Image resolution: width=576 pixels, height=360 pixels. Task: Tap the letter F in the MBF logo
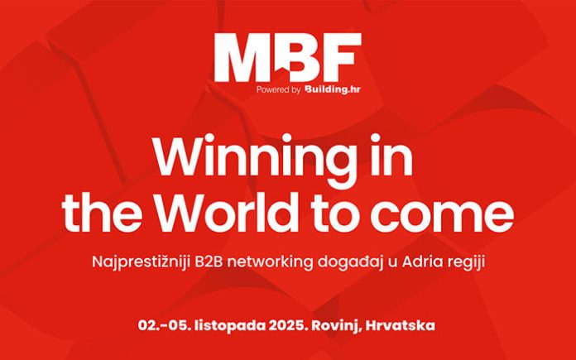(342, 57)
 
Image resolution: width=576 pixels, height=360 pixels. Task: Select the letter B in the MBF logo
(300, 57)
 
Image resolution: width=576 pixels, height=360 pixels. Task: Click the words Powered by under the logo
(278, 89)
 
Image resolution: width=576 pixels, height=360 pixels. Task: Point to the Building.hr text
(333, 89)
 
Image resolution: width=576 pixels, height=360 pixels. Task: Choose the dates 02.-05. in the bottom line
(165, 326)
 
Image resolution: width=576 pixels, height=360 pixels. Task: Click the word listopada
(231, 326)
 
